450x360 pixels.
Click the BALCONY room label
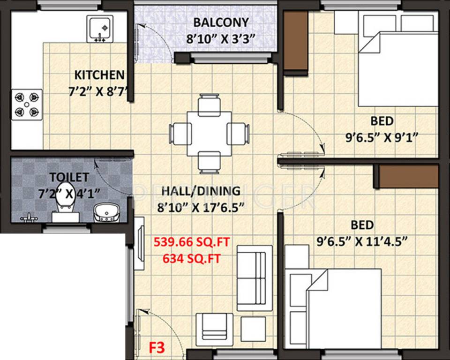pos(221,22)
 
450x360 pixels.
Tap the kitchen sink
pos(99,29)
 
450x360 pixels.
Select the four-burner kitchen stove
pos(27,105)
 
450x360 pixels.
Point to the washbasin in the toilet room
pos(107,212)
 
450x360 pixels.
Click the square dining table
pos(209,134)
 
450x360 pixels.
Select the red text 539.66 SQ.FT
pos(192,242)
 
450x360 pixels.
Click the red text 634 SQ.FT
pos(191,259)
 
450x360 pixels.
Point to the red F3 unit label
pos(157,348)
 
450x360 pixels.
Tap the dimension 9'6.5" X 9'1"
pos(382,138)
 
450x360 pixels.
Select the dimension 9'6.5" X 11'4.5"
pos(362,241)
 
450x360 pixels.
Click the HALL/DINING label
pos(201,191)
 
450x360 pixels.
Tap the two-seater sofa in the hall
pos(255,278)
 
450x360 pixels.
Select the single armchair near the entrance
pos(214,330)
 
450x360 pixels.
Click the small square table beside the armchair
pos(253,329)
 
